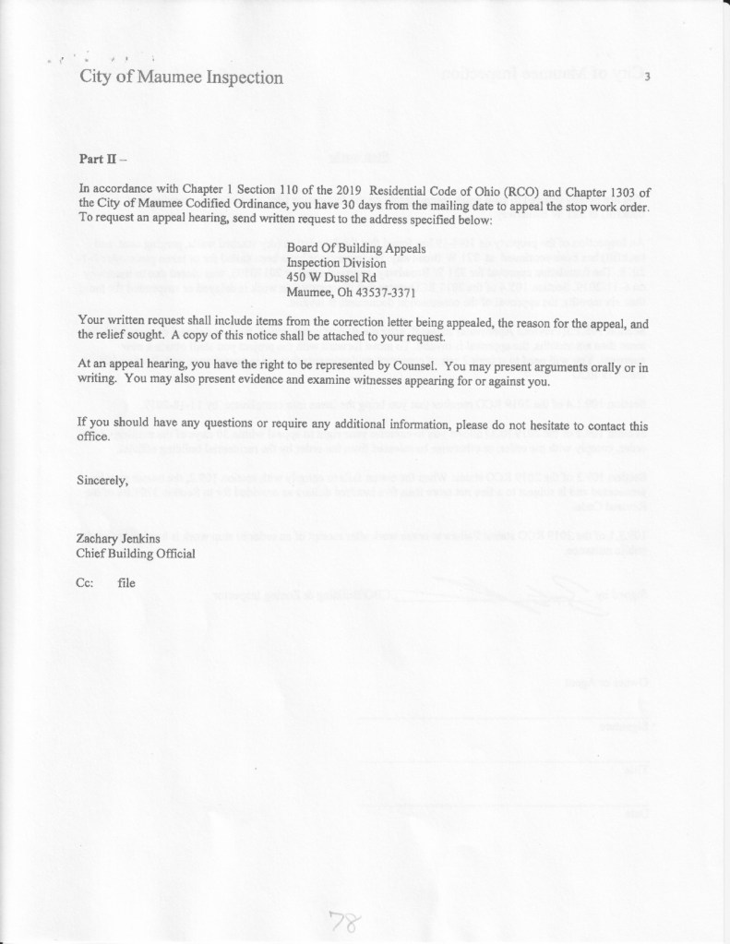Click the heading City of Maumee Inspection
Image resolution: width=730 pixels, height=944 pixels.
coord(181,78)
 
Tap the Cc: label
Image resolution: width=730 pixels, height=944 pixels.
coord(86,583)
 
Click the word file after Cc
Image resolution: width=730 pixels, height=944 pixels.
coord(127,583)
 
